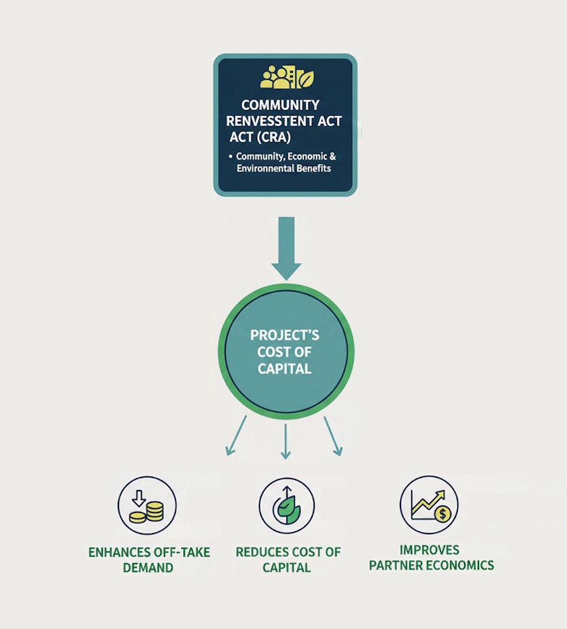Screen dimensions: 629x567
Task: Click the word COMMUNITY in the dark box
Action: pos(280,105)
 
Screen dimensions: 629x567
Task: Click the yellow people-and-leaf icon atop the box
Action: pos(286,78)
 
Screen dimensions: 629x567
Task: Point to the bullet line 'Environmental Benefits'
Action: pos(284,168)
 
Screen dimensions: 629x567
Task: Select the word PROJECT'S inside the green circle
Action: pos(285,335)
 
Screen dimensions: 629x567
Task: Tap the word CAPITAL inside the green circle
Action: pos(284,369)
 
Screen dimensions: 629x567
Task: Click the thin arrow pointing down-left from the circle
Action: pos(237,436)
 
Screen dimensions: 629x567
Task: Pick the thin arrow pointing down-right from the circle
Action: pos(332,436)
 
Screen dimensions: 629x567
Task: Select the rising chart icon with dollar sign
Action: pos(429,504)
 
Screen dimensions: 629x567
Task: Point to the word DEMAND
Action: pos(148,568)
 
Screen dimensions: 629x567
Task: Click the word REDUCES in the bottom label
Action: pos(260,552)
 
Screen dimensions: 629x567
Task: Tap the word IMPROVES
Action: pos(429,550)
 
